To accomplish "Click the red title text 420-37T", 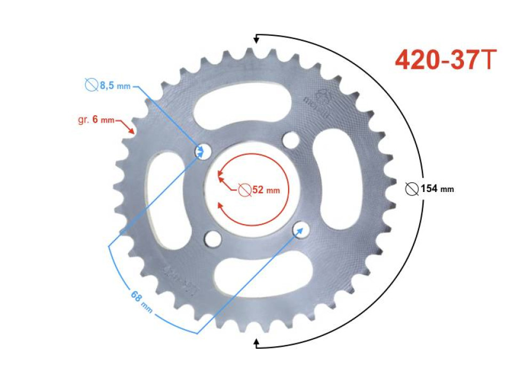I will (446, 61).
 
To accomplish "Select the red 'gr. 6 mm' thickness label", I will (97, 120).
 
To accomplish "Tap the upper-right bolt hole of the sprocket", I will (291, 141).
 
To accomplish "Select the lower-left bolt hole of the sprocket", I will (213, 238).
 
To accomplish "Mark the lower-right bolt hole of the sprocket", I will (301, 229).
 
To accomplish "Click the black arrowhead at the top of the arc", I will (257, 38).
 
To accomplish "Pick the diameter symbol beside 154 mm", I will (412, 188).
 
